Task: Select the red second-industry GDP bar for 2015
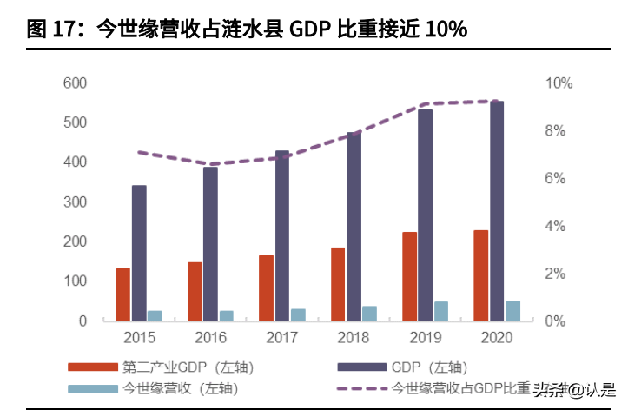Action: point(123,294)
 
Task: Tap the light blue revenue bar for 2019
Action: point(441,311)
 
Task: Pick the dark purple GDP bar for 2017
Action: point(282,235)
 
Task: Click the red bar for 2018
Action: point(338,284)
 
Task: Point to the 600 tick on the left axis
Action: point(75,83)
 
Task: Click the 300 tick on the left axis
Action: point(75,202)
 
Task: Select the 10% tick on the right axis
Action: point(559,83)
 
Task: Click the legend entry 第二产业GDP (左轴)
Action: point(188,367)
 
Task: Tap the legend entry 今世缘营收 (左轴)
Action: point(182,389)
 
